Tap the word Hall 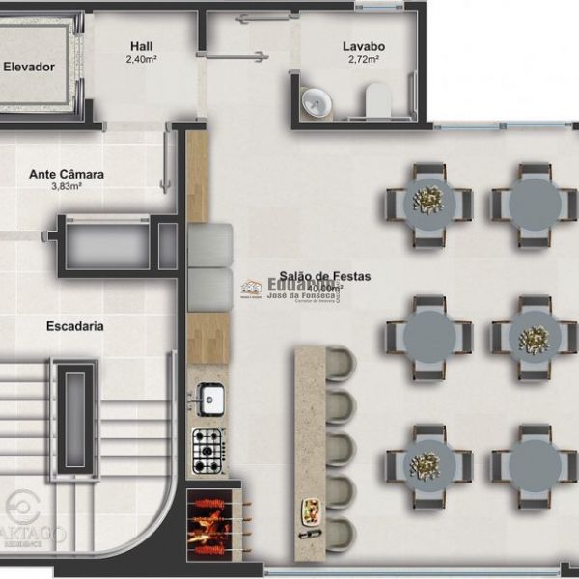pos(142,45)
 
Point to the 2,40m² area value pos(142,59)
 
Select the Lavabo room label pos(363,45)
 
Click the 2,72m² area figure pos(363,59)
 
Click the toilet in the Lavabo pos(377,98)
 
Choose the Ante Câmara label pos(67,175)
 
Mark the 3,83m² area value pos(67,187)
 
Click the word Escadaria pos(75,326)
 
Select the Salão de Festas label pos(325,276)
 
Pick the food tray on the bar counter pos(312,515)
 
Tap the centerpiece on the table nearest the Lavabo pos(428,200)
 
